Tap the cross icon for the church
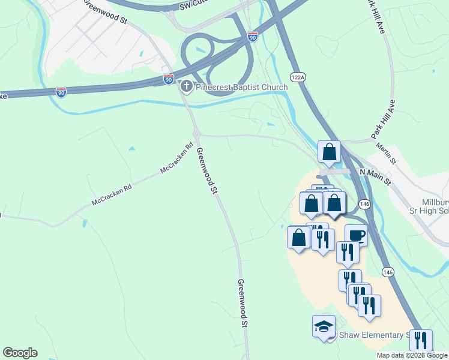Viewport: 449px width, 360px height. coord(186,87)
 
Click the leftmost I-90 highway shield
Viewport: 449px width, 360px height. coord(61,92)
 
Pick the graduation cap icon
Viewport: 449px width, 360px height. coord(324,327)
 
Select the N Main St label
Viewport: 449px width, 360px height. coord(375,176)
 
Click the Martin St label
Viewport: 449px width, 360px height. coord(385,152)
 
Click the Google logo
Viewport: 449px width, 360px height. coord(20,353)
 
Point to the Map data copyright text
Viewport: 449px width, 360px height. coord(412,355)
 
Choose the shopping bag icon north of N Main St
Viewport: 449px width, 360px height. coord(330,152)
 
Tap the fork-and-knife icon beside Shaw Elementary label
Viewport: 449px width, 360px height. coord(421,341)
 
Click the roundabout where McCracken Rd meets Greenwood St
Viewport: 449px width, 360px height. coord(196,134)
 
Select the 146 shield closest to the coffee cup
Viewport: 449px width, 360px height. coord(366,204)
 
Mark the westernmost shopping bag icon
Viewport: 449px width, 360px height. coord(299,238)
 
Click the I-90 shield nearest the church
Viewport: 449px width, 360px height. coord(168,79)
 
